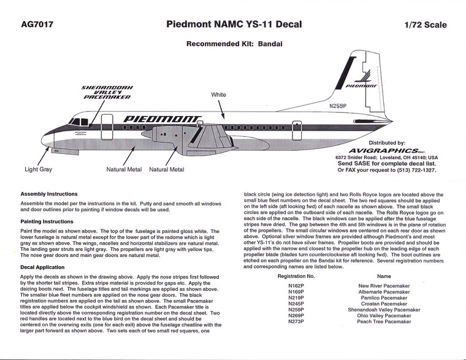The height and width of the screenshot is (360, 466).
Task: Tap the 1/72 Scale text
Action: point(426,26)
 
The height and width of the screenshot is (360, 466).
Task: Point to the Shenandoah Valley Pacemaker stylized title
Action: point(107,92)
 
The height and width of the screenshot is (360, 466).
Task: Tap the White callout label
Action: point(219,96)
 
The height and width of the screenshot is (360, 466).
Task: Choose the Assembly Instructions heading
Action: point(49,194)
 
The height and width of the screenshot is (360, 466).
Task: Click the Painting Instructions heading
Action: point(47,221)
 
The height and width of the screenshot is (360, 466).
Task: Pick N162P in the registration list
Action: point(296,286)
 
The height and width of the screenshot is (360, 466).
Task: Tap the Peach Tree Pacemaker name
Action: point(384,321)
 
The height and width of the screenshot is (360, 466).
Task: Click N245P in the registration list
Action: point(296,304)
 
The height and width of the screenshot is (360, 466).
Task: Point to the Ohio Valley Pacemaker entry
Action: point(384,315)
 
